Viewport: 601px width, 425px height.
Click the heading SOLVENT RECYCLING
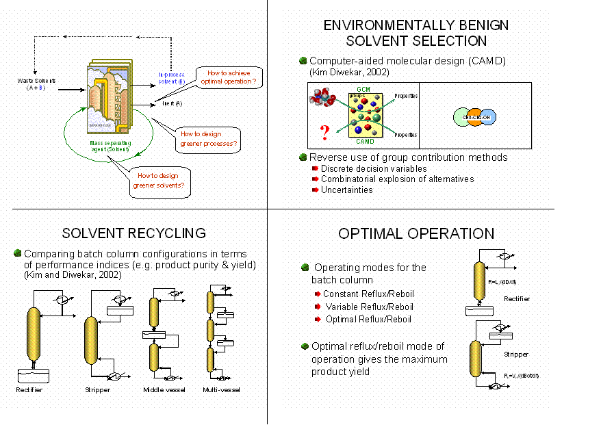tap(133, 234)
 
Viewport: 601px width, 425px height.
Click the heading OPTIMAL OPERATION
tap(416, 234)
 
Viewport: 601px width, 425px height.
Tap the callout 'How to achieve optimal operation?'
tap(228, 77)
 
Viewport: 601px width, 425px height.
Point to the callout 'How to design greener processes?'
tap(209, 138)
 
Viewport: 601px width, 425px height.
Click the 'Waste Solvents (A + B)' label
tap(36, 84)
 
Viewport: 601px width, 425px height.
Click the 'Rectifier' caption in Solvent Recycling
tap(29, 390)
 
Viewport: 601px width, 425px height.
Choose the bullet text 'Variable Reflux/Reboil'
tap(369, 307)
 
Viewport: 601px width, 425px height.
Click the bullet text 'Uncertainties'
tap(346, 190)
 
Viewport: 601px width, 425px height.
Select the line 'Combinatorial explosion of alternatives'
tap(397, 179)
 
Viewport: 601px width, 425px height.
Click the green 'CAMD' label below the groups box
tap(366, 141)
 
